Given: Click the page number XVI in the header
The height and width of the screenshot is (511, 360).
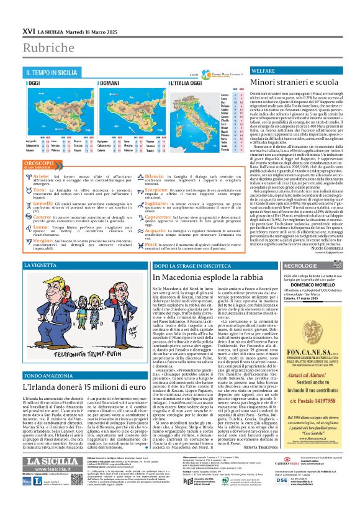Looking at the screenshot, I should coord(28,30).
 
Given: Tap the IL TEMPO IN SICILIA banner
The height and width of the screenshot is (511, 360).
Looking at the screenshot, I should coord(52,73).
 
